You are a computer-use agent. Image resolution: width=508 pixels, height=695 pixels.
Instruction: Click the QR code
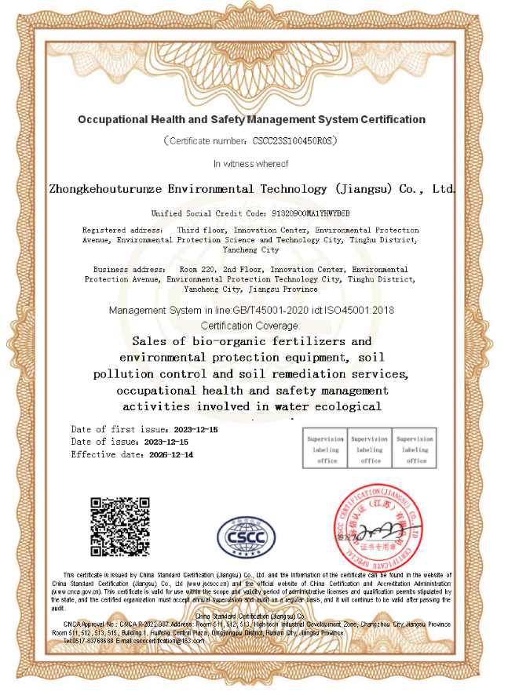tap(119, 526)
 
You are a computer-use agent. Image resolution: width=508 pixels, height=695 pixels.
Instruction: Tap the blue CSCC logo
tap(247, 537)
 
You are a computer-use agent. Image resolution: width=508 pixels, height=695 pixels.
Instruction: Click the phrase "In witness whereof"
tap(251, 164)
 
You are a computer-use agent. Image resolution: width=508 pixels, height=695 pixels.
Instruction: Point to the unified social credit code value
tap(310, 213)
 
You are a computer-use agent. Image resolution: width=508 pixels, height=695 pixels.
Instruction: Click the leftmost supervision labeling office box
tap(325, 449)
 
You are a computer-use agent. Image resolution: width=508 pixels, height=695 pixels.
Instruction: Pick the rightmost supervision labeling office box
tap(415, 449)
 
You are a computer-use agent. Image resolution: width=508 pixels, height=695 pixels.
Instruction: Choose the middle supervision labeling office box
tap(370, 449)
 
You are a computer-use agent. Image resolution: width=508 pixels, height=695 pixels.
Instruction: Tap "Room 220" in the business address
tap(198, 269)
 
